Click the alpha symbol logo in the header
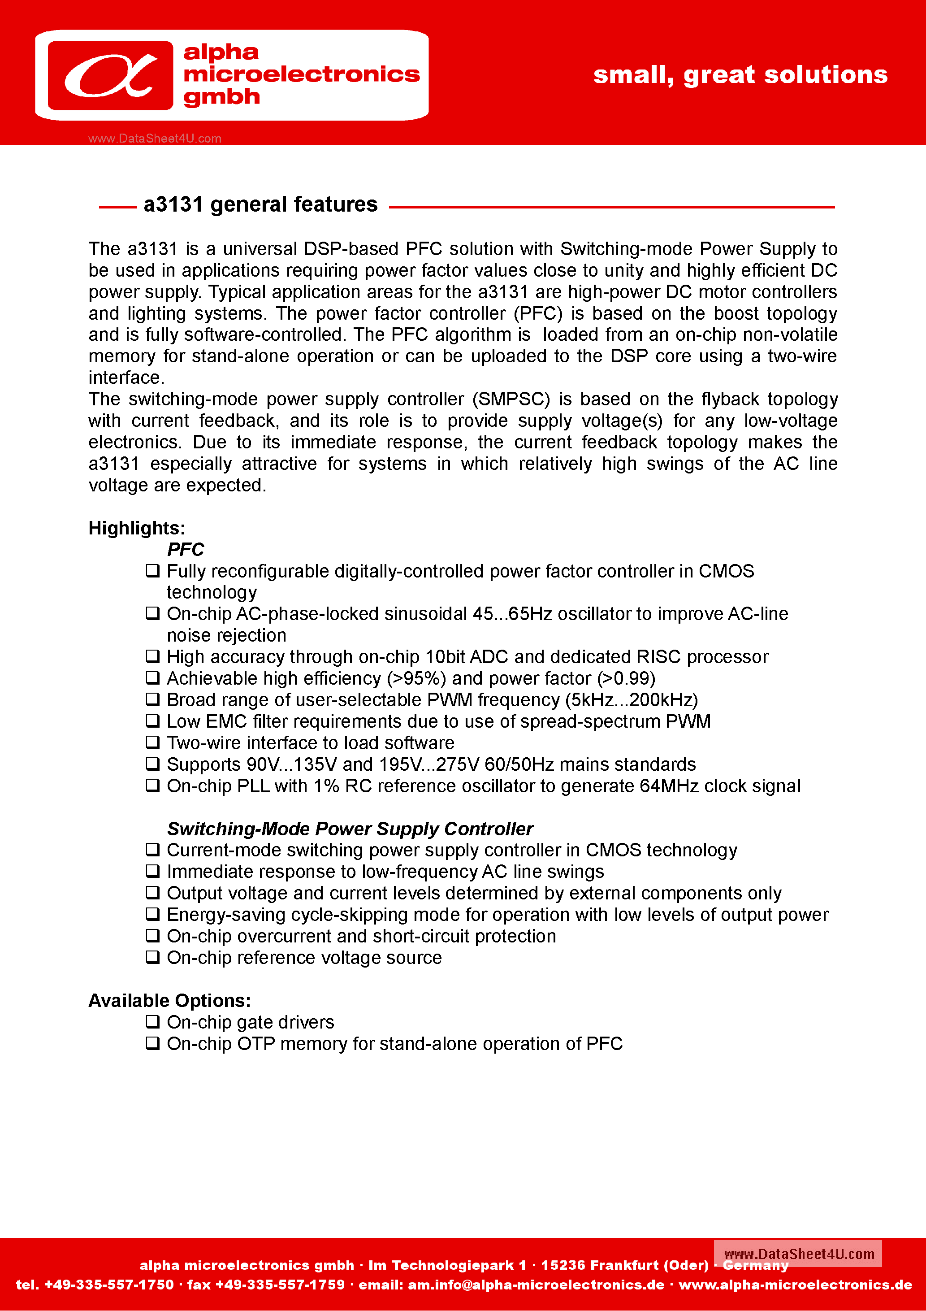coord(110,75)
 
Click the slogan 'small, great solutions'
coord(740,75)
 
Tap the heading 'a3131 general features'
coord(260,204)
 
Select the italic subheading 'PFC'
coord(185,549)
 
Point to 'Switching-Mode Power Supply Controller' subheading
coord(350,829)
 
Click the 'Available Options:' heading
coord(169,1000)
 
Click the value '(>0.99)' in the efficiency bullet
coord(626,678)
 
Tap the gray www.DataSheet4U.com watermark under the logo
coord(155,138)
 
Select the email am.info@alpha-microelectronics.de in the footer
coord(536,1285)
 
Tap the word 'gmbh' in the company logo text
coord(221,96)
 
